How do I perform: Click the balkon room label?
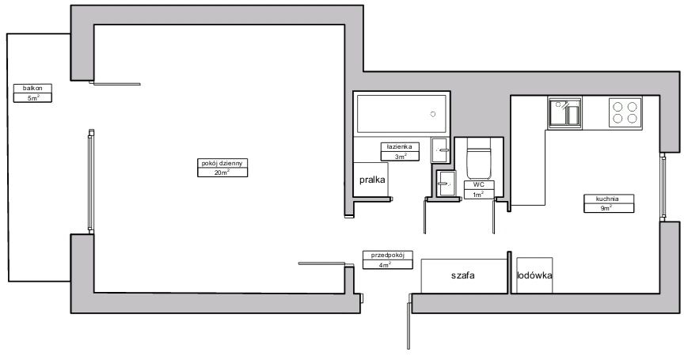(32, 89)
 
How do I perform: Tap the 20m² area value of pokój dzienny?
(222, 172)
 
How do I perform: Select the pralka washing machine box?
(370, 179)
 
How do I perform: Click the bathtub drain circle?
(433, 114)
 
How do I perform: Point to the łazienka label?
(400, 147)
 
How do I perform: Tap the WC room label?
(479, 185)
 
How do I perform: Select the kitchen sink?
(565, 113)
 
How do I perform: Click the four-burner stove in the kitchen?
(625, 112)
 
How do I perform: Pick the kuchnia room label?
(609, 199)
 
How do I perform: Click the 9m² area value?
(609, 208)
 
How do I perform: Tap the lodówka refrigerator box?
(535, 275)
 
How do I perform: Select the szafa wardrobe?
(464, 275)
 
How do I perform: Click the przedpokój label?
(388, 256)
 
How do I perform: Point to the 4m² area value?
(388, 264)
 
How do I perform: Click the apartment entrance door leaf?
(408, 322)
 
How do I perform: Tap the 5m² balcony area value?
(32, 97)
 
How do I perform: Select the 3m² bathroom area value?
(400, 156)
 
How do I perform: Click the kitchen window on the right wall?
(663, 188)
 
